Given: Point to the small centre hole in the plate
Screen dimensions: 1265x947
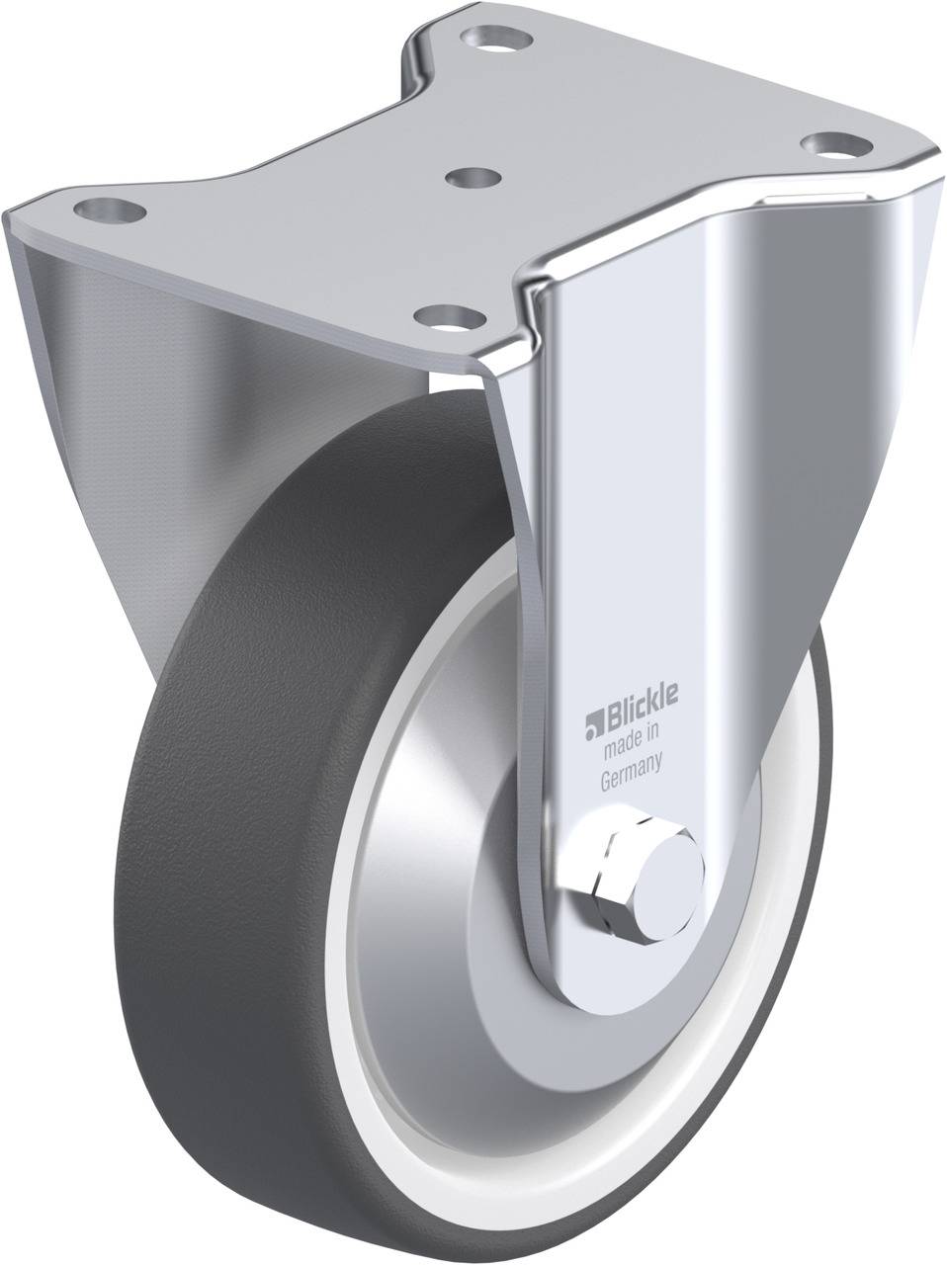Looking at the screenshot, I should coord(472,177).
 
